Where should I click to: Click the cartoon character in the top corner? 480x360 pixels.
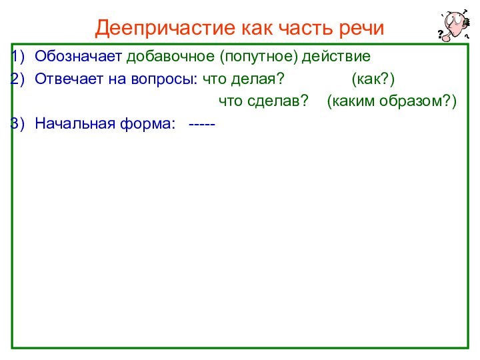(x=453, y=25)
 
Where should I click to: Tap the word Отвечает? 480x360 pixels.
(x=69, y=79)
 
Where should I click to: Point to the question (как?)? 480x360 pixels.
(x=373, y=79)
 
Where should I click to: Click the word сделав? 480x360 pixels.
(x=277, y=101)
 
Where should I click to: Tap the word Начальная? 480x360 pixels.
(x=73, y=123)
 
